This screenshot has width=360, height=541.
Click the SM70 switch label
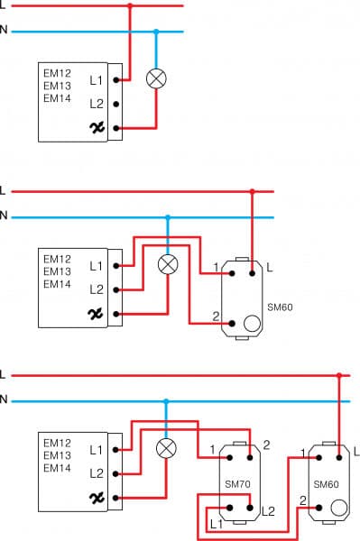[x=236, y=484]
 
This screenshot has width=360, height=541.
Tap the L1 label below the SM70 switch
[x=216, y=523]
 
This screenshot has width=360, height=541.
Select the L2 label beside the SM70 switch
[x=267, y=511]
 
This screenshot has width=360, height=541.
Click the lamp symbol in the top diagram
[x=156, y=79]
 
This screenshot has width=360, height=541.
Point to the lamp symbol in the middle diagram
[x=168, y=264]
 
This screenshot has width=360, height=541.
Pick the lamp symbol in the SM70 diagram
[x=166, y=448]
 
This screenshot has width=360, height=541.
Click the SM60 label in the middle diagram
[x=281, y=307]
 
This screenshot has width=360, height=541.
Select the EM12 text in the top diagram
[x=56, y=71]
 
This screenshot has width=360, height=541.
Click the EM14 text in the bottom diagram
[x=56, y=468]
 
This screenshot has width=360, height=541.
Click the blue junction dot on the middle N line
[x=168, y=216]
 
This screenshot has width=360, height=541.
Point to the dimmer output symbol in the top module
[x=97, y=128]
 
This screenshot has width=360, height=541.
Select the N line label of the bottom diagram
[x=4, y=400]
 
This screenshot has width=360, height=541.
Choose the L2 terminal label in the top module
[x=97, y=104]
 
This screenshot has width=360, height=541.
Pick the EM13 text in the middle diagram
[x=56, y=271]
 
